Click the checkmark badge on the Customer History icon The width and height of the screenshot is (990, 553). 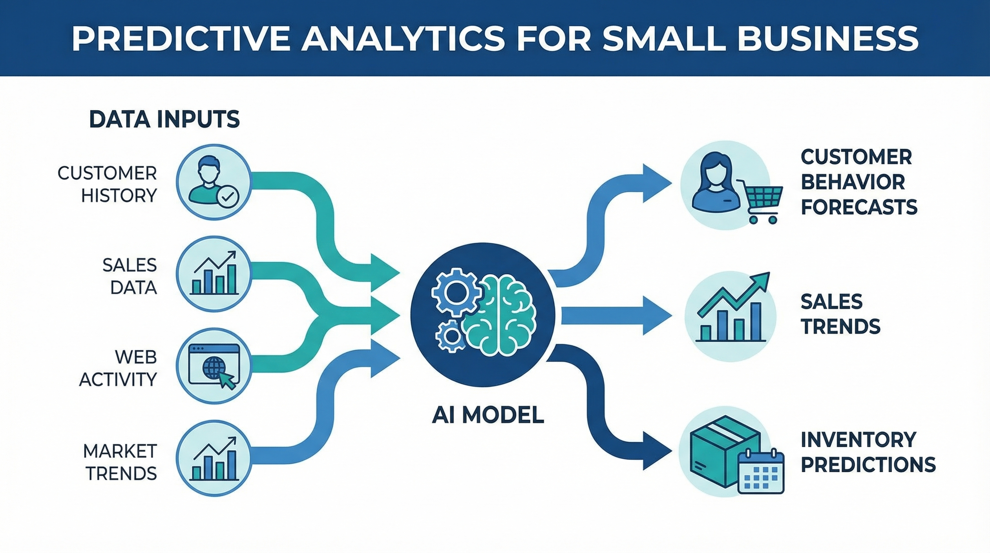pyautogui.click(x=228, y=197)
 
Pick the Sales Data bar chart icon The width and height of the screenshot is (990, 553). pyautogui.click(x=214, y=274)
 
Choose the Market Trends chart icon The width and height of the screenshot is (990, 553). pyautogui.click(x=214, y=458)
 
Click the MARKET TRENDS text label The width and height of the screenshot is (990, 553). pyautogui.click(x=120, y=462)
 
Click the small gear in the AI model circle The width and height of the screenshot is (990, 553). pyautogui.click(x=451, y=336)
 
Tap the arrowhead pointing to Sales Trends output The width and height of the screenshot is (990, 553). pyautogui.click(x=657, y=315)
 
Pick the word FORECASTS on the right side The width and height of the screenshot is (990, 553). pyautogui.click(x=859, y=207)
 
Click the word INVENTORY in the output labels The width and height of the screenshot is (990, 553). pyautogui.click(x=858, y=440)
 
